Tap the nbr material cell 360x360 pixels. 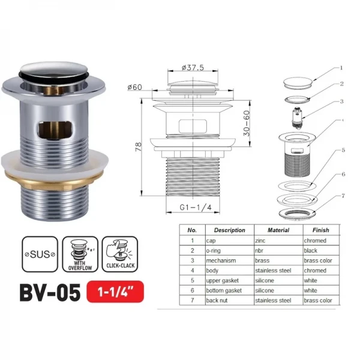[262, 250]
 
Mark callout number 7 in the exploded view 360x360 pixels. [342, 196]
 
